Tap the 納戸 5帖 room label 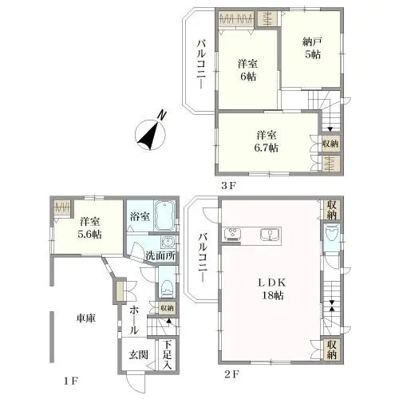coord(312,48)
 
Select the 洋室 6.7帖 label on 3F coord(267,141)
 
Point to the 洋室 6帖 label coord(247,70)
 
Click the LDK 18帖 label coord(272,289)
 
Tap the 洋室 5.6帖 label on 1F coord(89,227)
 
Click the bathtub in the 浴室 coord(164,215)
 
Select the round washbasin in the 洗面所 coord(168,242)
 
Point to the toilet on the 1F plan coord(167,288)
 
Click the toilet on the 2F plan coord(331,233)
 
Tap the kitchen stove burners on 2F coord(233,235)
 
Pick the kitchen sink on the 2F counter coord(270,235)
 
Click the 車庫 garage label coord(86,318)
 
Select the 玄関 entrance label coord(139,354)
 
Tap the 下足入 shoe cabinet coord(167,354)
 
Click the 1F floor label coord(70,381)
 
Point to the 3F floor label coord(228,186)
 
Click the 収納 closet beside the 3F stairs coord(330,144)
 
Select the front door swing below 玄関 coord(136,383)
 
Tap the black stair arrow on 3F coord(330,129)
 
